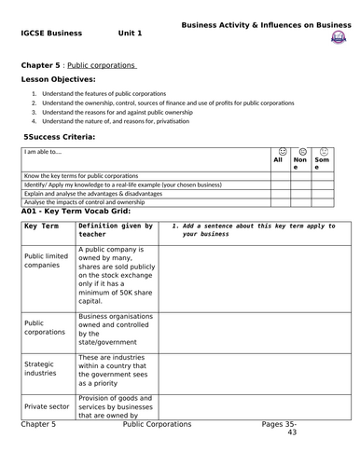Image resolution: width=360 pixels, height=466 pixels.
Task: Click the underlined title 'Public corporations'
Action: coord(102,65)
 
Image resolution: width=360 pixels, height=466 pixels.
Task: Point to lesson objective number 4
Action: coord(118,121)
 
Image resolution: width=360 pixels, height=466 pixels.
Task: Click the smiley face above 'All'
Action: coord(278,150)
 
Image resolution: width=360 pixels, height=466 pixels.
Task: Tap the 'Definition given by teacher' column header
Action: coord(116,229)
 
